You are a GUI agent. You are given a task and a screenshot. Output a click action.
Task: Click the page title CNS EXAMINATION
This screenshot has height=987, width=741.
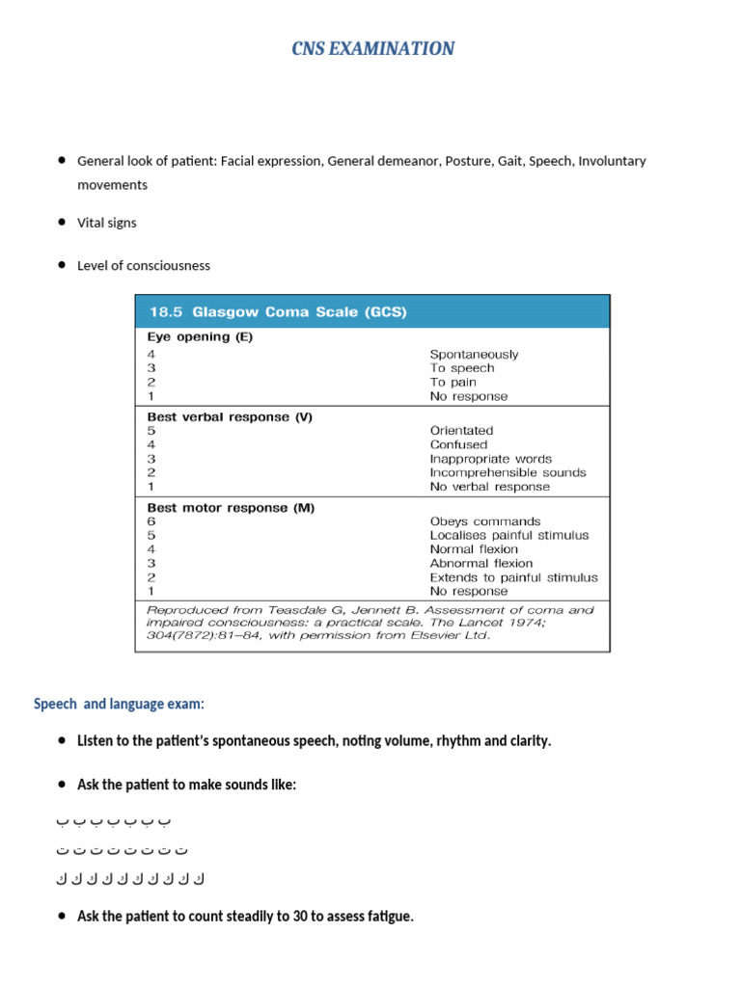[372, 48]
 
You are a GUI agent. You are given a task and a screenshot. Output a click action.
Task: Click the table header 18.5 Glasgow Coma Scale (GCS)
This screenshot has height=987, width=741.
[277, 311]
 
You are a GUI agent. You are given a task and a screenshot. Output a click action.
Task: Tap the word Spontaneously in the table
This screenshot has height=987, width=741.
[474, 354]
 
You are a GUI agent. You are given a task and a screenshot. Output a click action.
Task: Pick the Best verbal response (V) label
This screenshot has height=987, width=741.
[229, 417]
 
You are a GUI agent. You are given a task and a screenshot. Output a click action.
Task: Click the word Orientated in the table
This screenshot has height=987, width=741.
[461, 431]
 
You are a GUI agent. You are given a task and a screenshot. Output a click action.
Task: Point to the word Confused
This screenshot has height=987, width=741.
[458, 445]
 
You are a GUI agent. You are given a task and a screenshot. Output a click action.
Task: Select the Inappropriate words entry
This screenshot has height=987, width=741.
[491, 459]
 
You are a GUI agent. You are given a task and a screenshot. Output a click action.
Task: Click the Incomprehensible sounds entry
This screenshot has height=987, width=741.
[508, 473]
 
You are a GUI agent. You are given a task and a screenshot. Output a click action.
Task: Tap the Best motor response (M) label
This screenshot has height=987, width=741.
[231, 507]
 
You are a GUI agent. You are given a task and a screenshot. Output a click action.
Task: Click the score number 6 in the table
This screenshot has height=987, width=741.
[151, 521]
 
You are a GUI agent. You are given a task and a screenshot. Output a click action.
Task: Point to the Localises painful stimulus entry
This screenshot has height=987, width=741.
[509, 535]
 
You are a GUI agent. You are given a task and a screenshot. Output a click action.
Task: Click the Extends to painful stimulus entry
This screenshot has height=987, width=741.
[513, 577]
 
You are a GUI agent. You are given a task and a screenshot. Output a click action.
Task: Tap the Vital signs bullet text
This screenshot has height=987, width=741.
[107, 223]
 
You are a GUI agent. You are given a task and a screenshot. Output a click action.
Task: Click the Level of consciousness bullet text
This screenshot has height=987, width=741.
[143, 265]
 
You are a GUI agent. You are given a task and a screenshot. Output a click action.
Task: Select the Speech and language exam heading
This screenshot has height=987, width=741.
[119, 705]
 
